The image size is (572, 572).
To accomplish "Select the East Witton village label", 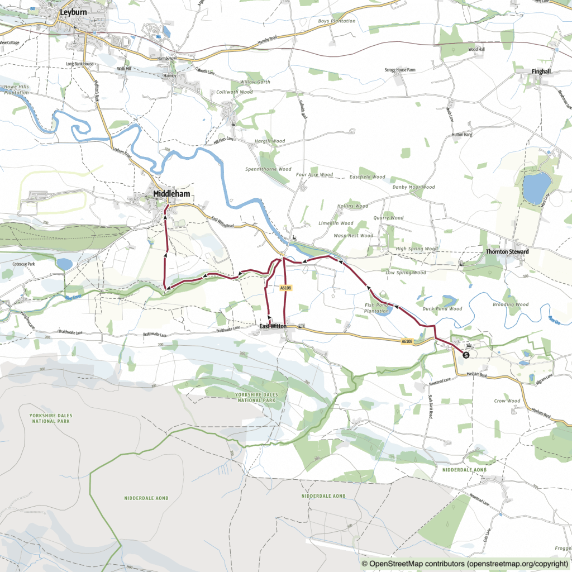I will pyautogui.click(x=273, y=326).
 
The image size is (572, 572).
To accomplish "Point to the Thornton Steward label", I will pyautogui.click(x=507, y=252).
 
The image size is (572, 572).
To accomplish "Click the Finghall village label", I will pyautogui.click(x=541, y=72).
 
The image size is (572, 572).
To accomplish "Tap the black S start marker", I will pyautogui.click(x=466, y=353).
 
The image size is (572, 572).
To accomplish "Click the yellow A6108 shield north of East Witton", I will pyautogui.click(x=285, y=288).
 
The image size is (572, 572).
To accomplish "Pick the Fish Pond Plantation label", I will pyautogui.click(x=376, y=308).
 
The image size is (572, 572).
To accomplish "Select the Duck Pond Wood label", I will pyautogui.click(x=443, y=309).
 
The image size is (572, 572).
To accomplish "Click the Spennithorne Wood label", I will pyautogui.click(x=268, y=169).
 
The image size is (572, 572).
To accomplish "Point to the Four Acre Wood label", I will pyautogui.click(x=314, y=175).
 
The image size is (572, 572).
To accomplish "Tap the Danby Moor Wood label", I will pyautogui.click(x=413, y=187).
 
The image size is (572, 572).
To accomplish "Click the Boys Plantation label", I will pyautogui.click(x=336, y=21).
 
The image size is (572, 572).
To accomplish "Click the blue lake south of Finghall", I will pyautogui.click(x=536, y=188).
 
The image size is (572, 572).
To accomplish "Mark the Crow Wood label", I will pyautogui.click(x=507, y=401).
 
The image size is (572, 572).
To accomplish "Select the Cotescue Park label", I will pyautogui.click(x=23, y=264).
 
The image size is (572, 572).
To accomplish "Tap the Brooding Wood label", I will pyautogui.click(x=511, y=305).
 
